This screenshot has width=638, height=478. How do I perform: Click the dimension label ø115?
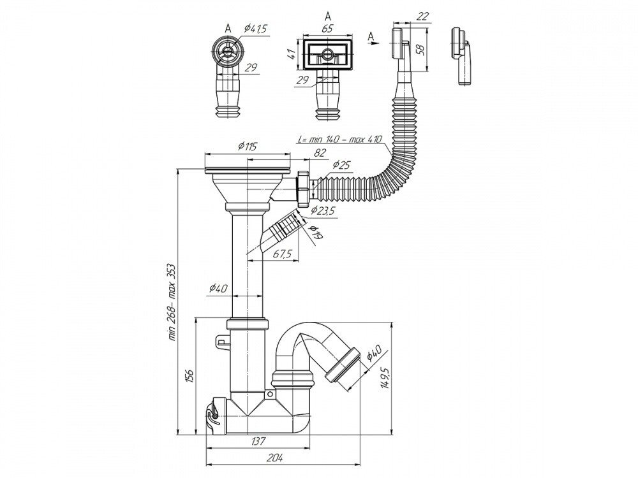[x=248, y=146]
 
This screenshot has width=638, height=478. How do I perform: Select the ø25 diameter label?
[x=341, y=164]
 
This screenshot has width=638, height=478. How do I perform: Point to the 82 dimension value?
[x=321, y=152]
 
